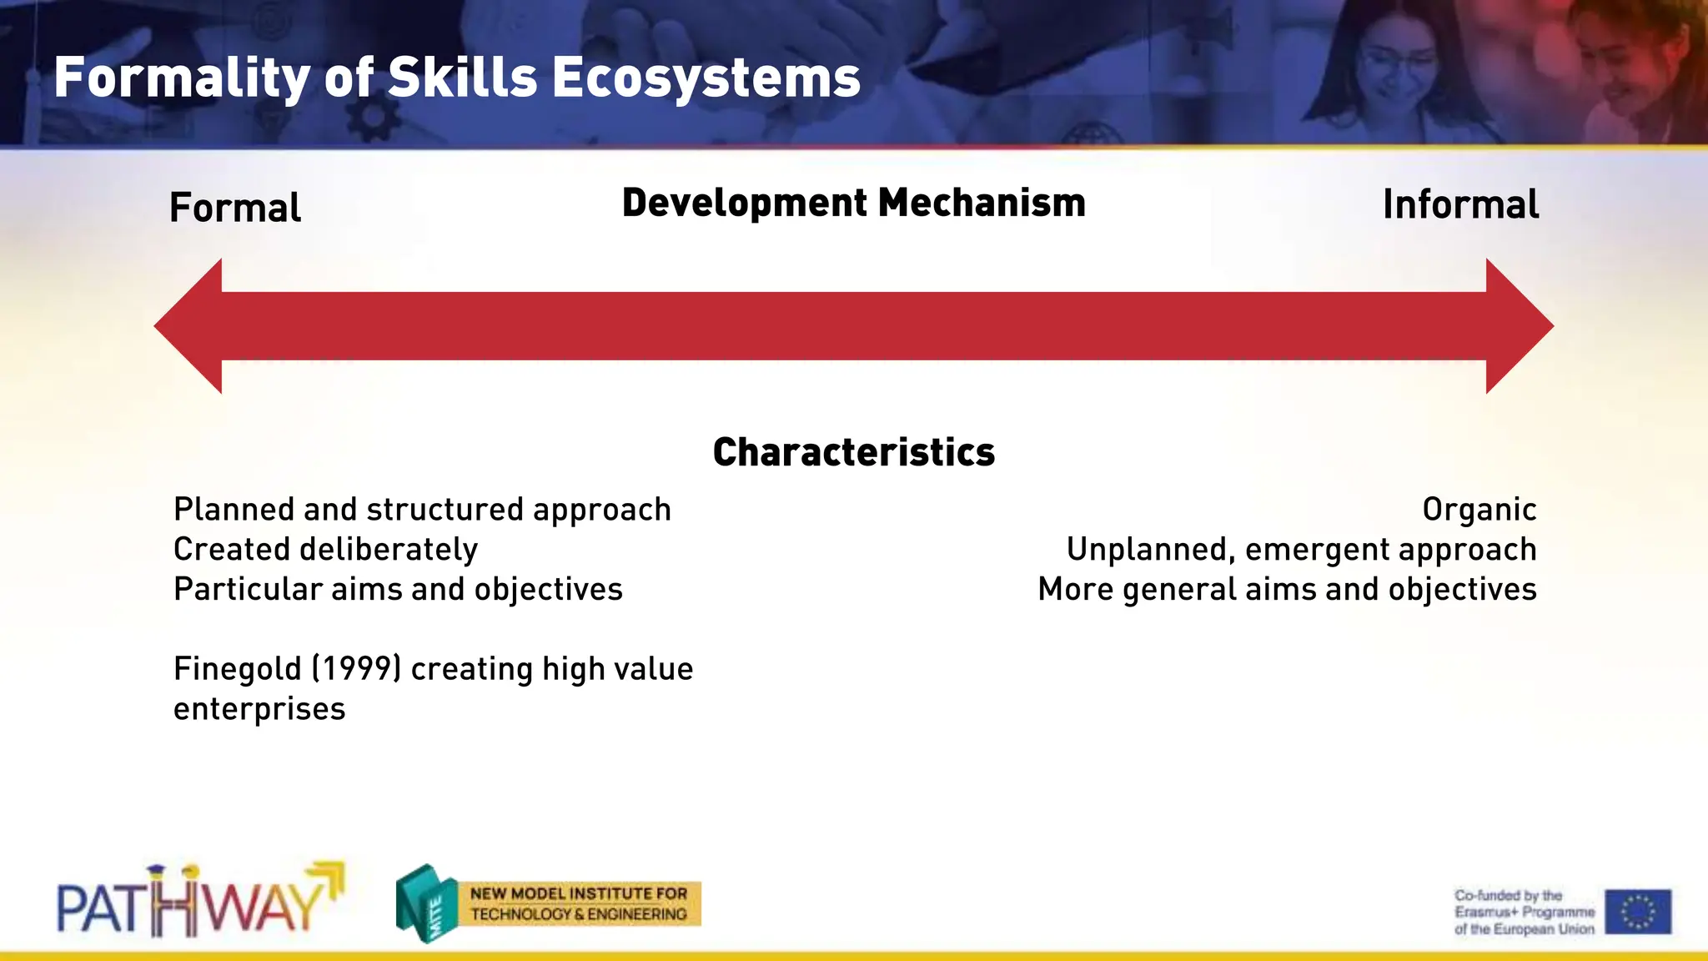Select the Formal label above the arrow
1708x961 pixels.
234,208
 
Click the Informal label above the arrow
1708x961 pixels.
1460,205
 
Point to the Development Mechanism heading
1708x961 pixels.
853,204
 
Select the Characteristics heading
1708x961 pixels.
853,452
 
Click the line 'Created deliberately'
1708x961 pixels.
325,550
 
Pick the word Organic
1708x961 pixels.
1479,510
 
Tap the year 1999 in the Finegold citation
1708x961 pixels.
356,669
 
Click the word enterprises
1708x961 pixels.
259,709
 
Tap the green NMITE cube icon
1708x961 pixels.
426,903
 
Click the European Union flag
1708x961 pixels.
1637,911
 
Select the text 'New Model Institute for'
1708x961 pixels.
578,893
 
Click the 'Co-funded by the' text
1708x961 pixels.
1508,895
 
